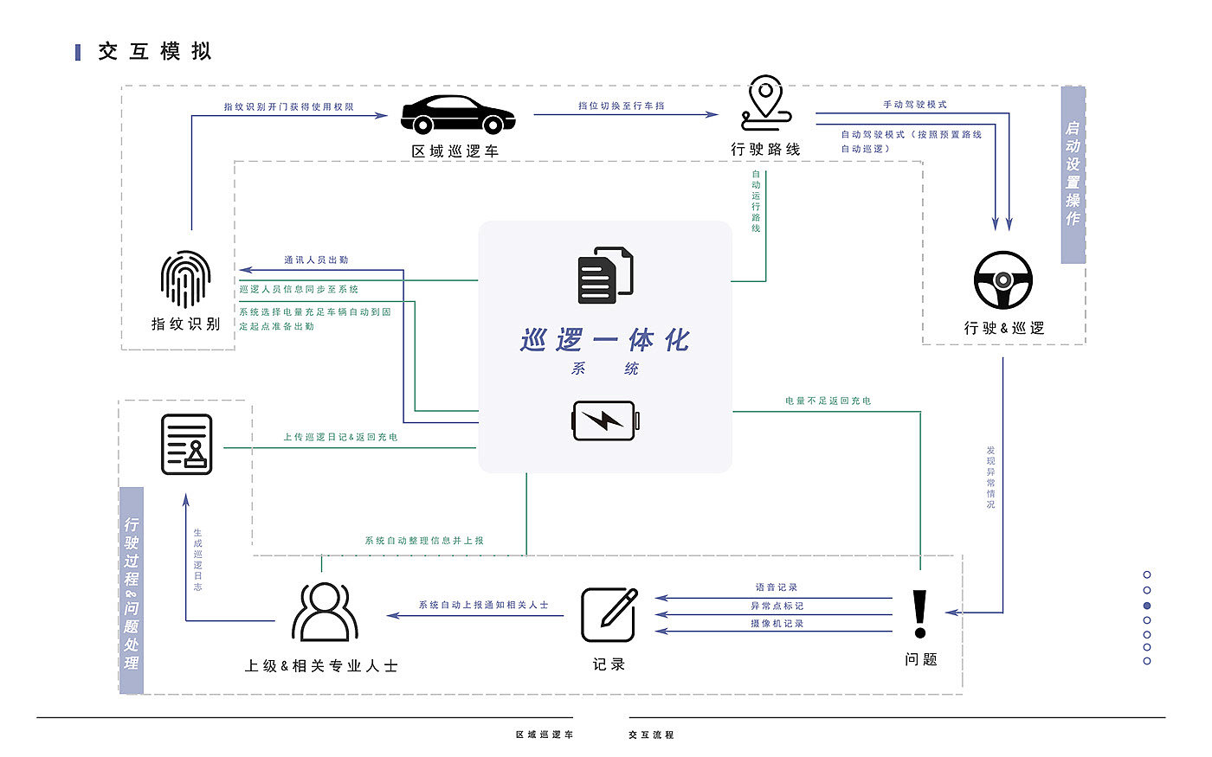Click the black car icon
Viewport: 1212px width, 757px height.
coord(458,113)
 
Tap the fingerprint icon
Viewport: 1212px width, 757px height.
coord(185,279)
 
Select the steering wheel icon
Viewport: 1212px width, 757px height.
coord(1003,280)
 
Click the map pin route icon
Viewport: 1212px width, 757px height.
coord(765,104)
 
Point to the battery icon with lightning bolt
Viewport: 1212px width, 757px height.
coord(606,420)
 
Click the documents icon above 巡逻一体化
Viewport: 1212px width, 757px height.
coord(605,275)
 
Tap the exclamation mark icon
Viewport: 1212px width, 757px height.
coord(920,614)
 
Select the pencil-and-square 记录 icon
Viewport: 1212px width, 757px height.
coord(609,614)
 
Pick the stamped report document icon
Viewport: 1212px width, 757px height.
coord(186,445)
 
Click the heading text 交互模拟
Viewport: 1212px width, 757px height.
coord(155,52)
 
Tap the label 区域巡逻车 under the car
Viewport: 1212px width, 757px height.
coord(455,151)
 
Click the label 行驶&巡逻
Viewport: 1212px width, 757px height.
coord(1004,329)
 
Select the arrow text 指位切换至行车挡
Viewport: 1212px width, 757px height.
coord(622,106)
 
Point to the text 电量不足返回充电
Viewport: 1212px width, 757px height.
coord(828,401)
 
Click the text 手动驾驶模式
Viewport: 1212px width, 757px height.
coord(915,105)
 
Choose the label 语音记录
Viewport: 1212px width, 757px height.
coord(777,587)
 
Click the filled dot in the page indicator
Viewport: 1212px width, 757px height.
coord(1147,606)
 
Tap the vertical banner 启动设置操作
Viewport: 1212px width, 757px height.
coord(1073,174)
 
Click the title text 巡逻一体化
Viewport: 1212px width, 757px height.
coord(605,340)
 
